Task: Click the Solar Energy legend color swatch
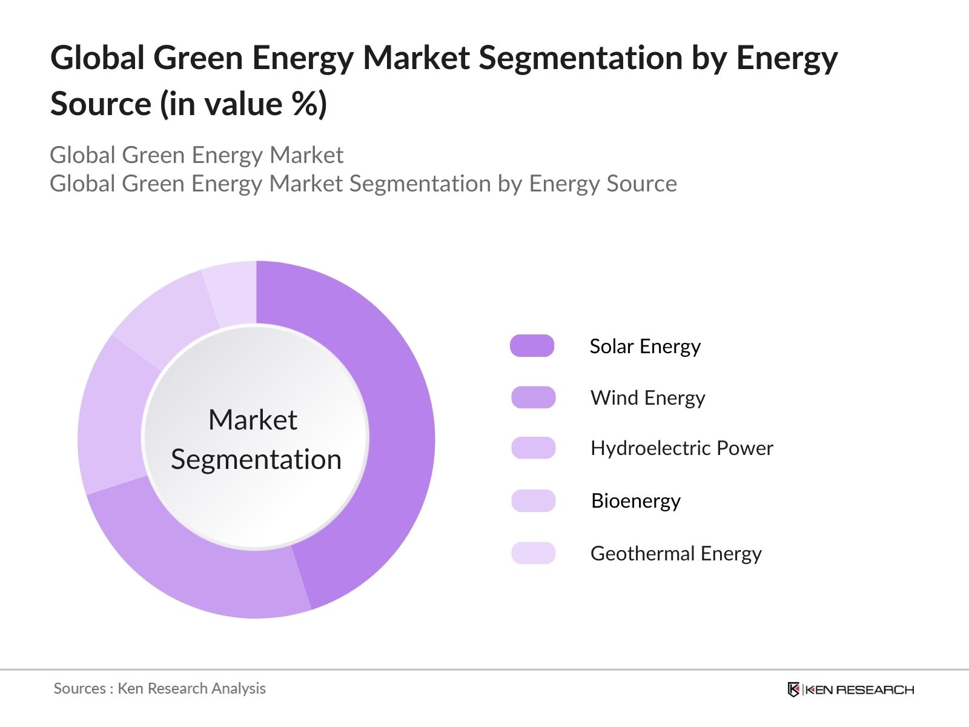(x=532, y=346)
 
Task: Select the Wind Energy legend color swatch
(x=533, y=397)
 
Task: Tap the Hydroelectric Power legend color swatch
(x=533, y=448)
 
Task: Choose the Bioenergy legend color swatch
(x=533, y=501)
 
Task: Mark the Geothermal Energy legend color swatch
(x=533, y=553)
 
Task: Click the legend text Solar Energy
(x=645, y=347)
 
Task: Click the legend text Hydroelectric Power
(x=681, y=448)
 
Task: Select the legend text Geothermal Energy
(x=676, y=554)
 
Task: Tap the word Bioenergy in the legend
(x=635, y=501)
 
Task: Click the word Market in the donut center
(x=253, y=420)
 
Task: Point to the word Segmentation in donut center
(x=256, y=459)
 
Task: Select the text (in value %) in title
(x=243, y=104)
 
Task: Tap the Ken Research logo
(x=850, y=689)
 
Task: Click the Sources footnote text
(x=159, y=689)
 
